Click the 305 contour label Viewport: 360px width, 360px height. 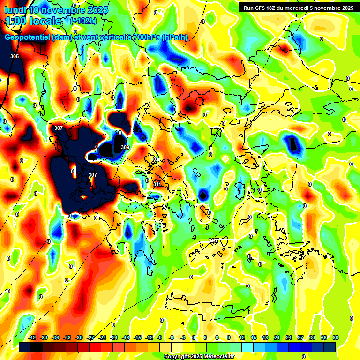pyautogui.click(x=15, y=56)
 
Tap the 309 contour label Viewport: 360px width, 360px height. pyautogui.click(x=125, y=147)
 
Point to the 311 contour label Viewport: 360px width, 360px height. pyautogui.click(x=157, y=184)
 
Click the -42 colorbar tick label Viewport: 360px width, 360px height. pyautogui.click(x=33, y=337)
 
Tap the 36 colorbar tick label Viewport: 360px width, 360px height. pyautogui.click(x=336, y=337)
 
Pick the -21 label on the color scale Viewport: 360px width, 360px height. pyautogui.click(x=114, y=337)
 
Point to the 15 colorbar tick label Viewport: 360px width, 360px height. pyautogui.click(x=254, y=337)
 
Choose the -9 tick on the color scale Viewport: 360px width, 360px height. pyautogui.click(x=160, y=337)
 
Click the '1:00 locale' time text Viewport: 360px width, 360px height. pyautogui.click(x=34, y=21)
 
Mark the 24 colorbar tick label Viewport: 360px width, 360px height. pyautogui.click(x=289, y=337)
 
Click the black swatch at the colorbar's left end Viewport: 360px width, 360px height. pyautogui.click(x=25, y=347)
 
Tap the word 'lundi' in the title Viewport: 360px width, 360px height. pyautogui.click(x=15, y=10)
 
